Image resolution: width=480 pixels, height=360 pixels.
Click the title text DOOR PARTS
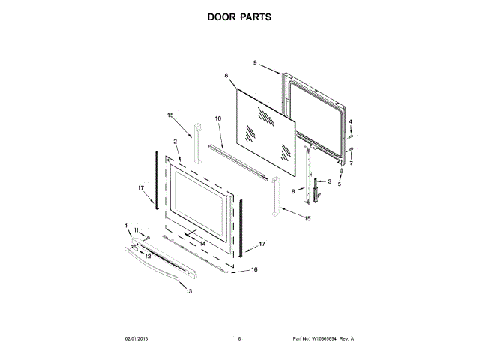coord(240,16)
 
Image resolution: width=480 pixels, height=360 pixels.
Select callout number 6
coord(226,76)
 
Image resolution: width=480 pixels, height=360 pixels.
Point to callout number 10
coord(218,118)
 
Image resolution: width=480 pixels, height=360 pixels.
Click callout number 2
coord(174,141)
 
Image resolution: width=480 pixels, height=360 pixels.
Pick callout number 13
coord(189,291)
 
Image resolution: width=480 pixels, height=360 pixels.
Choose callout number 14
coord(202,243)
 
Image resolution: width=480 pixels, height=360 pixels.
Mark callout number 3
coord(329,182)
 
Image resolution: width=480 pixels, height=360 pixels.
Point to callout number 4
coord(349,122)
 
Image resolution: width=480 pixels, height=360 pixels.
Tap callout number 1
coord(127,225)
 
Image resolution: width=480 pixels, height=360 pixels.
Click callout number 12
coord(148,256)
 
